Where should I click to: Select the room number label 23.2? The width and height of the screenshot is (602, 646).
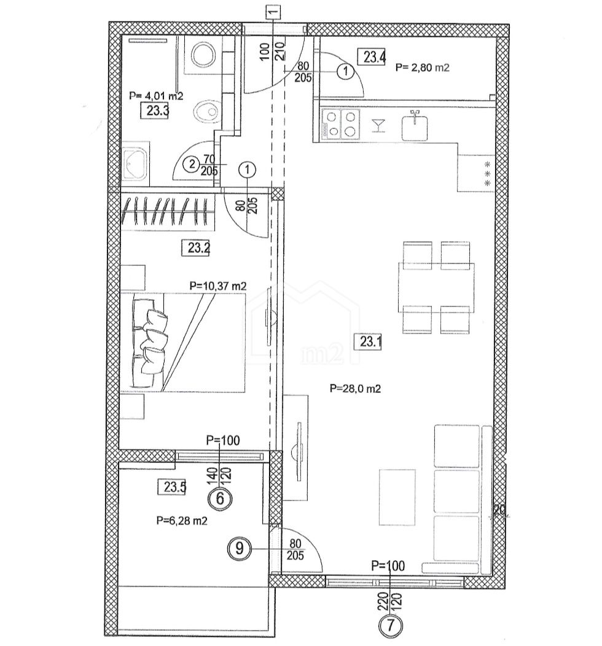point(195,248)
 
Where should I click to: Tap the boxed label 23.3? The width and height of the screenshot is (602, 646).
point(155,111)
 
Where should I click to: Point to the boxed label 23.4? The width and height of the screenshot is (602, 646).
point(373,56)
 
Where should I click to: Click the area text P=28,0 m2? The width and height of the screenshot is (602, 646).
point(355,389)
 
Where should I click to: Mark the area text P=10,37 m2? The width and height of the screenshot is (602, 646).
point(218,286)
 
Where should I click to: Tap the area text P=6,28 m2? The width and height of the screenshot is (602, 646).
point(182,521)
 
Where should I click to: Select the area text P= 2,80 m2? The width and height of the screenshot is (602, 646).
point(423,67)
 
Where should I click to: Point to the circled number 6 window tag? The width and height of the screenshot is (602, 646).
point(220,499)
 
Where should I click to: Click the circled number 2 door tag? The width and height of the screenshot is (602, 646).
point(192,165)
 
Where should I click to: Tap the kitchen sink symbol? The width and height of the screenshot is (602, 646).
point(415,126)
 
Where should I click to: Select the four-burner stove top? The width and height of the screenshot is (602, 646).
point(340,123)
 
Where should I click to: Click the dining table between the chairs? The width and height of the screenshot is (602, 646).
point(436,287)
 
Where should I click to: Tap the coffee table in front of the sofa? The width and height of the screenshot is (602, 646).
point(397,497)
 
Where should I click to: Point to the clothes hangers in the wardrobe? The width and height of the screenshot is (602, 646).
point(168,211)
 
